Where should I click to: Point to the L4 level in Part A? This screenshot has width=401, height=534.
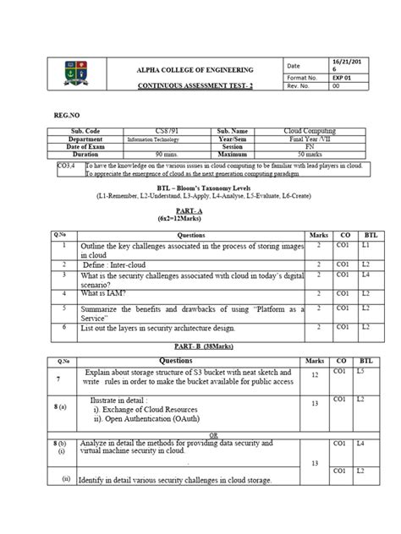point(366,275)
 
